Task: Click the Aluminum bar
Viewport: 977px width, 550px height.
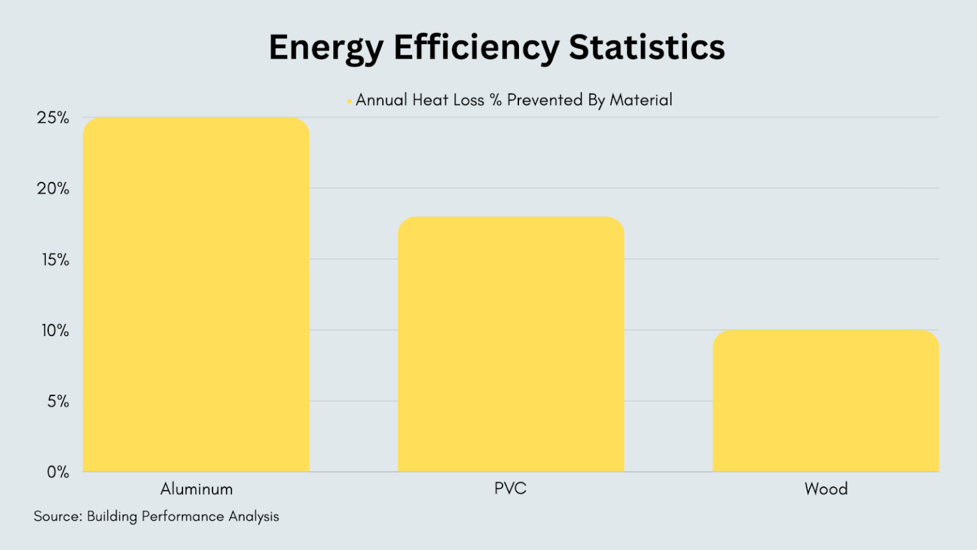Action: click(x=196, y=294)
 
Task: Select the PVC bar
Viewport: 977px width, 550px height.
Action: click(x=511, y=344)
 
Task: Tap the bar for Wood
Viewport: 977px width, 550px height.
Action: click(x=826, y=400)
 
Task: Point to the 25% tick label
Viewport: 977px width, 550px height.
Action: click(x=53, y=118)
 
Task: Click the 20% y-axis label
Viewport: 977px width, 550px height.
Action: click(x=53, y=188)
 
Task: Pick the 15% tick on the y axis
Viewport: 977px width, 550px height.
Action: click(x=55, y=260)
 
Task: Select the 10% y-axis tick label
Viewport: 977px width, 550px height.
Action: click(x=55, y=330)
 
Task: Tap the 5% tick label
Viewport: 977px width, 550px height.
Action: click(x=58, y=401)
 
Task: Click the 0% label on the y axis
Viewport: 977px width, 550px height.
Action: click(x=58, y=472)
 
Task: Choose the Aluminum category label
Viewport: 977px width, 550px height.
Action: click(x=197, y=489)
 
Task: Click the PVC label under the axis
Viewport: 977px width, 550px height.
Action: click(x=511, y=488)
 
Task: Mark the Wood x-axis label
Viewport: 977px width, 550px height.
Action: click(x=826, y=489)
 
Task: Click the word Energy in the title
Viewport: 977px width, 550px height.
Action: click(x=326, y=48)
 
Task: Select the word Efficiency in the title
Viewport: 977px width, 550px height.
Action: click(x=476, y=48)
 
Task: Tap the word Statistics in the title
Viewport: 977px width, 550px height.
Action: click(x=647, y=47)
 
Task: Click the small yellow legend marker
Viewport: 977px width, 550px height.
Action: click(x=349, y=101)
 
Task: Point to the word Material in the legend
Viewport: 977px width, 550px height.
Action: click(x=641, y=100)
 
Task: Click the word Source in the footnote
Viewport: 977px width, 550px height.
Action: click(x=57, y=516)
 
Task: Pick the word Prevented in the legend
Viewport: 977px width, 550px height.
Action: click(x=544, y=100)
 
